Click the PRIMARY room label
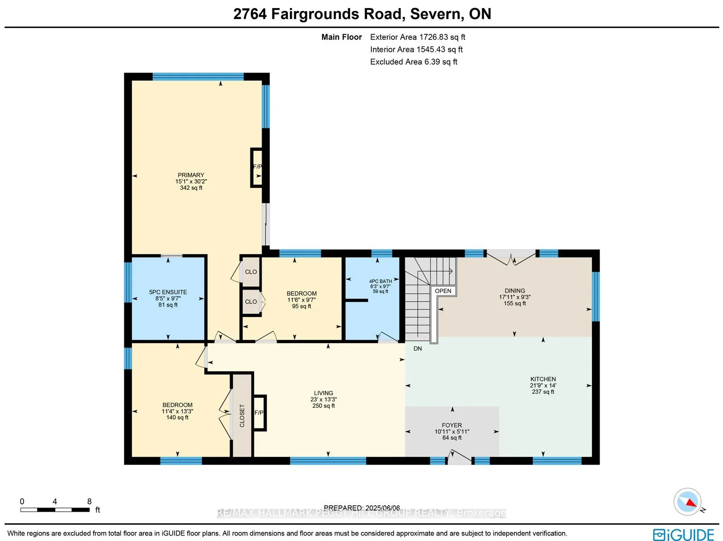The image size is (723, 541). [x=191, y=175]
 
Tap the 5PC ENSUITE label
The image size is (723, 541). [x=168, y=292]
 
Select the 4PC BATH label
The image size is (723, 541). [x=380, y=281]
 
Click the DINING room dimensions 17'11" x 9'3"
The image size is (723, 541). [x=515, y=297]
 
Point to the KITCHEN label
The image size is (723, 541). [x=543, y=379]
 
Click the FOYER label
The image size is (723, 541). [x=452, y=425]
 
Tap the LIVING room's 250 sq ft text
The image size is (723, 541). [x=324, y=406]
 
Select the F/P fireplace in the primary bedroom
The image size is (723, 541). [x=257, y=167]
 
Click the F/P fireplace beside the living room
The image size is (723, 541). [x=259, y=413]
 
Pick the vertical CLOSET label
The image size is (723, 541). [x=242, y=415]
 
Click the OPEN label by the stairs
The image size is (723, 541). [x=443, y=291]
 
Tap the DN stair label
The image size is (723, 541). [x=418, y=349]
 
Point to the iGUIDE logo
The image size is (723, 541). [x=683, y=535]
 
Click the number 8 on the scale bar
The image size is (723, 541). [x=89, y=501]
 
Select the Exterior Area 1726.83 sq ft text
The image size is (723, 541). [x=418, y=37]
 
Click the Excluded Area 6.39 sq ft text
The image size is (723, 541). [x=413, y=62]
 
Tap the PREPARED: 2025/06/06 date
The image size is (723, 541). [x=362, y=508]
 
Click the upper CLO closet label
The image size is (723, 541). [x=251, y=272]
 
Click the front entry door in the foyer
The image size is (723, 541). [x=460, y=457]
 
